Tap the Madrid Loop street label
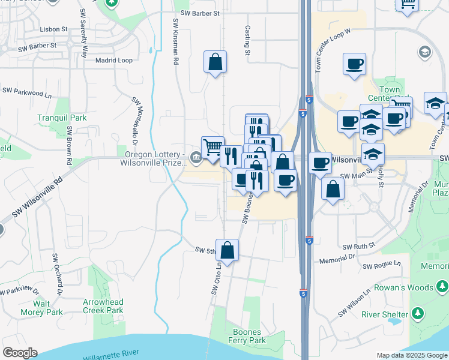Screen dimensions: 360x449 click(114, 60)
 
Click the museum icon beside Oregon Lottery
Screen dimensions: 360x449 click(196, 158)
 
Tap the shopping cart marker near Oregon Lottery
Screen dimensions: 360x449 click(212, 147)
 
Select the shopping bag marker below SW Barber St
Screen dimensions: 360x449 click(215, 62)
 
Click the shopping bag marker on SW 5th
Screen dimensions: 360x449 click(227, 249)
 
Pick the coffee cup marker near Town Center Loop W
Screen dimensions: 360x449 click(354, 64)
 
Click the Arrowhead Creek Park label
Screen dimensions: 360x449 click(103, 306)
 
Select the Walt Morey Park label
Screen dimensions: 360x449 click(48, 308)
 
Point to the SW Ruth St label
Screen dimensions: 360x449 click(358, 246)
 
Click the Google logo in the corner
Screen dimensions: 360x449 click(20, 353)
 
